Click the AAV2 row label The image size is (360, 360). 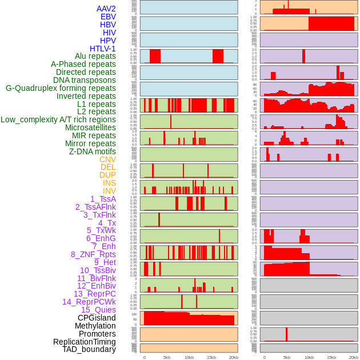pos(106,9)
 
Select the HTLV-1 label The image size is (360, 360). pos(102,49)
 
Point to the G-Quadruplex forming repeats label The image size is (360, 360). pos(61,88)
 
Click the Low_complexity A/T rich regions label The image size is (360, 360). pos(58,119)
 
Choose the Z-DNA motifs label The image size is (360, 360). pos(92,151)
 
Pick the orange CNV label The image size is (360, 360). pos(107,159)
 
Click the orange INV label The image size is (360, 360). pos(109,191)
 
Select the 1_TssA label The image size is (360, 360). pos(103,199)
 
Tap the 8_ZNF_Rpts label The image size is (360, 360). pos(93,254)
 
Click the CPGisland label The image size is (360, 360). pos(97,318)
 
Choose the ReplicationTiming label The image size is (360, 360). pos(84,342)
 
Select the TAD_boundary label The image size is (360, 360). pos(89,349)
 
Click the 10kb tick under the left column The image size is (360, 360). pos(189,357)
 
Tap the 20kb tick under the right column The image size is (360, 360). pos(354,357)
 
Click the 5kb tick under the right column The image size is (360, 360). pos(286,357)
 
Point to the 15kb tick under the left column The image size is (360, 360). pos(211,357)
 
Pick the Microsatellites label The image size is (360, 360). pos(90,127)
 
